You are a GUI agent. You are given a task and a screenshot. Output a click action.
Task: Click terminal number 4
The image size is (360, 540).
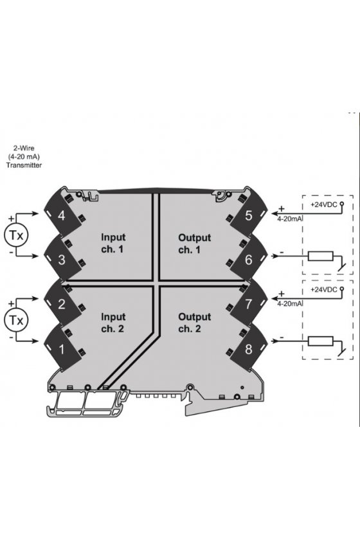(x=62, y=216)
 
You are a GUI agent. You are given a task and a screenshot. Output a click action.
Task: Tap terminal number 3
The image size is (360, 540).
(x=62, y=260)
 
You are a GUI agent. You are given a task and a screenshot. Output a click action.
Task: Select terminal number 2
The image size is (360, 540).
(x=62, y=304)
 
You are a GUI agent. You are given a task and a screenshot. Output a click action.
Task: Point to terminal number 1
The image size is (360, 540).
(x=62, y=349)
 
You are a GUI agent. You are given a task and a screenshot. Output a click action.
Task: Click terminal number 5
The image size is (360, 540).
(x=249, y=215)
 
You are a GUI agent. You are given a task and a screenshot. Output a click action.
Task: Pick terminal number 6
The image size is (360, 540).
(x=249, y=260)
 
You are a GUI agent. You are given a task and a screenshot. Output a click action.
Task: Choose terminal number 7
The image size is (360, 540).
(x=249, y=304)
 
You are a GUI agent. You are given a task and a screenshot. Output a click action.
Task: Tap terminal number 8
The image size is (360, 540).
(x=249, y=349)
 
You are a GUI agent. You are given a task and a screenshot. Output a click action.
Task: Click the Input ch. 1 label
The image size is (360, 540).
(x=113, y=243)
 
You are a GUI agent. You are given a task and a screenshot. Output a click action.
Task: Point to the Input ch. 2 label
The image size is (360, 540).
(x=113, y=323)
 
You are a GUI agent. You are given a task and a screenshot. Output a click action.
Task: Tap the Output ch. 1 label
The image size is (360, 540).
(x=194, y=244)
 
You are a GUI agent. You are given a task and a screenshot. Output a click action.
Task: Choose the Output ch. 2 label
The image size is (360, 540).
(x=194, y=323)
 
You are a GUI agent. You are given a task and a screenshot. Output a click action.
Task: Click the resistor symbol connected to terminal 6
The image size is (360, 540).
(x=320, y=256)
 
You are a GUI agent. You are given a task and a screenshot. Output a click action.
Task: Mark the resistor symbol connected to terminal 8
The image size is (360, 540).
(x=320, y=341)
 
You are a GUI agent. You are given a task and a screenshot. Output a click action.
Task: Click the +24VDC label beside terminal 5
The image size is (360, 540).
(x=324, y=204)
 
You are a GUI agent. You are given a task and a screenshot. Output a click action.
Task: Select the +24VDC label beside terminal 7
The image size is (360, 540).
(x=324, y=289)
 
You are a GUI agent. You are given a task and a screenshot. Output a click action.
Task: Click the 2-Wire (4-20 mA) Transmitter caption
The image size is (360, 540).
(x=24, y=157)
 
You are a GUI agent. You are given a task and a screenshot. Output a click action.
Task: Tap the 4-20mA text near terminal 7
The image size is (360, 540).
(x=290, y=303)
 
